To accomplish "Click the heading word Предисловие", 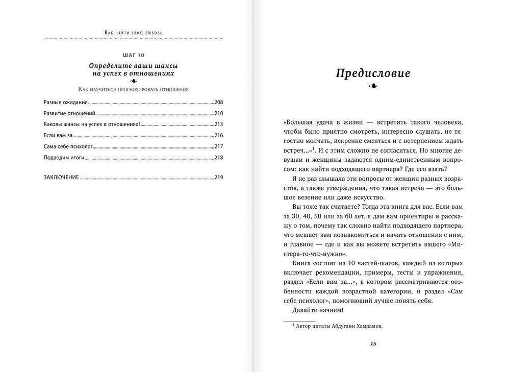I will point(373,73).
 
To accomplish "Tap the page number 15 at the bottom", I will point(373,343).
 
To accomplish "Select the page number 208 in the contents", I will point(219,102).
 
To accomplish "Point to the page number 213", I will point(219,125).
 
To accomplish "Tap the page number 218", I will point(219,158).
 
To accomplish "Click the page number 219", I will point(219,178).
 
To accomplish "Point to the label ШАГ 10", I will point(134,55).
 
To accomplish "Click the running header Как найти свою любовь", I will point(134,32).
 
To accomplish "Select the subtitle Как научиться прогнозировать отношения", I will point(134,89).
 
